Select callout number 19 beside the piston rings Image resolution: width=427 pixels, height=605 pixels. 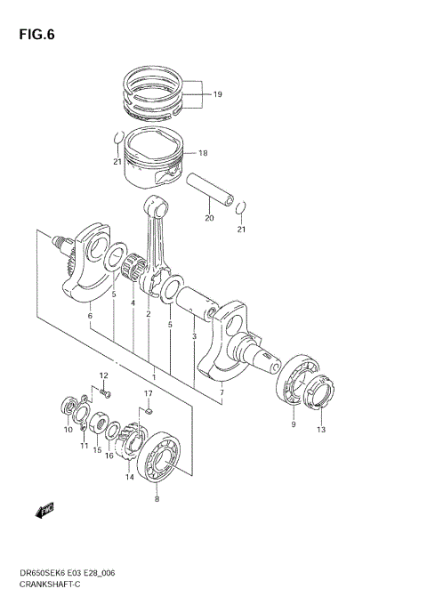tap(218, 93)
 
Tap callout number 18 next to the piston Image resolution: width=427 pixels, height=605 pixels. tap(203, 152)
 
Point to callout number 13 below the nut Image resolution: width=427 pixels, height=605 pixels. tap(320, 431)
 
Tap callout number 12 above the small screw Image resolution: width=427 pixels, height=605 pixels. tap(103, 375)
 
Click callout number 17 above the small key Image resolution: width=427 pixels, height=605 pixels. tap(149, 393)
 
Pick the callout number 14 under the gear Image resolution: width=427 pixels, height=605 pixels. tap(129, 477)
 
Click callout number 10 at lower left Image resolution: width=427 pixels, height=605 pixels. tap(67, 430)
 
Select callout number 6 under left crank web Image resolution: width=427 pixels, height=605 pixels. tap(89, 315)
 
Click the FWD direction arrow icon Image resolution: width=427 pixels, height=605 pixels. tap(44, 511)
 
